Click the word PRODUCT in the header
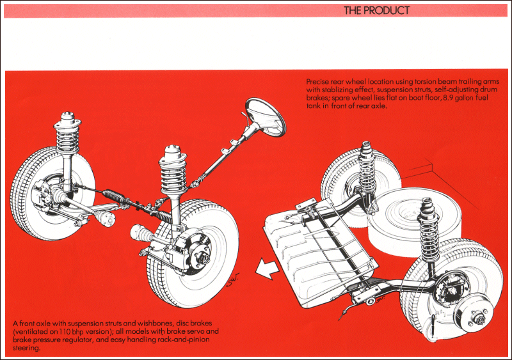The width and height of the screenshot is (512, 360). [387, 10]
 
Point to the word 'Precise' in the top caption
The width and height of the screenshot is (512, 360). [319, 82]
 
